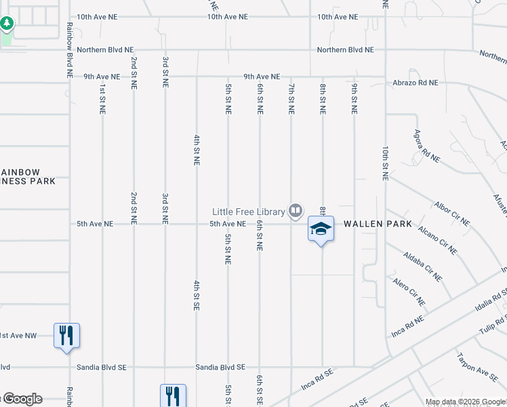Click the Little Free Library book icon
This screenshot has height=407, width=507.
coord(295,211)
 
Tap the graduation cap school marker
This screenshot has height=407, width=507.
coord(321,229)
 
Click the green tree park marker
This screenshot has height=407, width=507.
coord(7,24)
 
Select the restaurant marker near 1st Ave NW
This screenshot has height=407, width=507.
coord(66,335)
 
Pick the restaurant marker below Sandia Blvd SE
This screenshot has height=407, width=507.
coord(172,395)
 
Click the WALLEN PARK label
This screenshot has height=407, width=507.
coord(378,224)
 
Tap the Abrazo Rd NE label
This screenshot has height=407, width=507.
coord(415,83)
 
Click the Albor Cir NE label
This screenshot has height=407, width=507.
coord(452,213)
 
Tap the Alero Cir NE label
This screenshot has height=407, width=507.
coord(408,291)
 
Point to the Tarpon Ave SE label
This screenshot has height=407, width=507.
coord(477,366)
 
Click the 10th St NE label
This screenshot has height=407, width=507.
coord(385,163)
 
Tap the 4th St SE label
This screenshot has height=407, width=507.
coord(196,294)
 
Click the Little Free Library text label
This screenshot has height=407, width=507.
coord(248,211)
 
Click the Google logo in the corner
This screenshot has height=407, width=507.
coord(22,399)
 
